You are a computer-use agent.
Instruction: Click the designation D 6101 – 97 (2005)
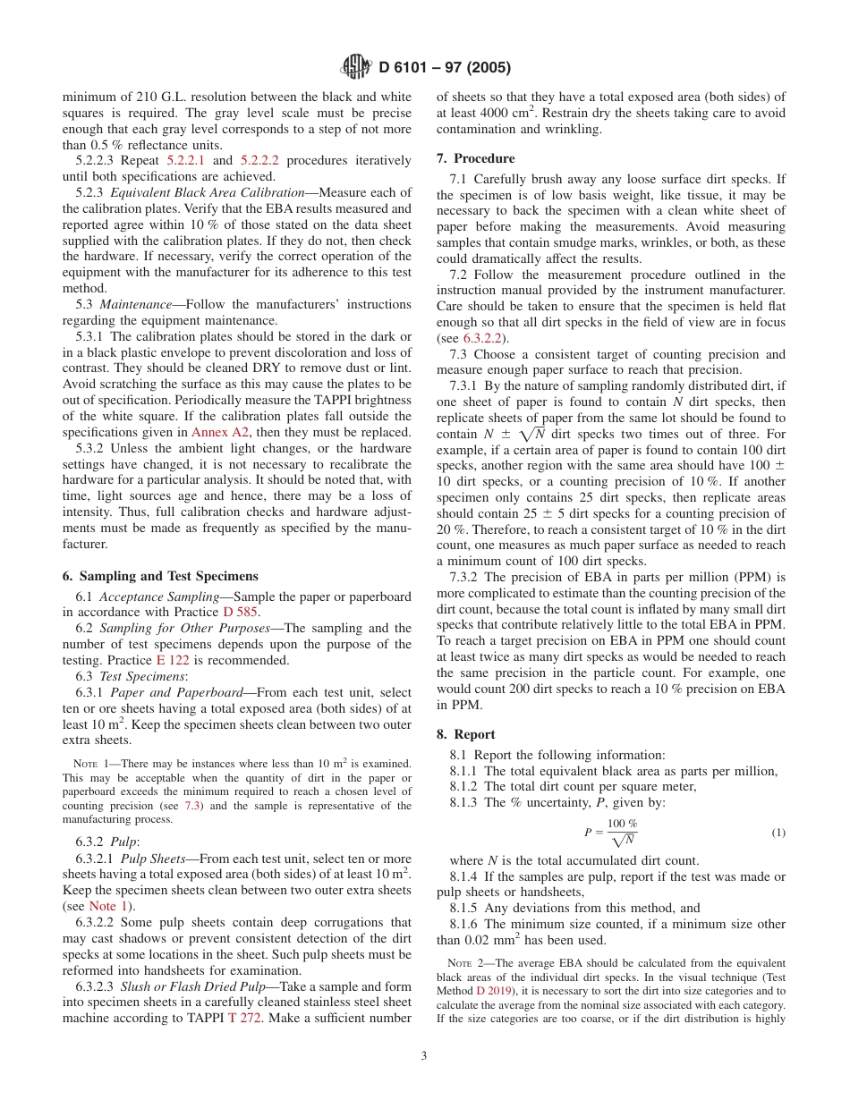pyautogui.click(x=445, y=68)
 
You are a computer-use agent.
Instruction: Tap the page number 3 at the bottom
pyautogui.click(x=424, y=1055)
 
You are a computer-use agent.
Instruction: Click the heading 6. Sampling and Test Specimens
pyautogui.click(x=159, y=576)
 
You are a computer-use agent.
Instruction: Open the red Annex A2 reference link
pyautogui.click(x=221, y=432)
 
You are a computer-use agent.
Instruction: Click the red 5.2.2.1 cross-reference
pyautogui.click(x=185, y=160)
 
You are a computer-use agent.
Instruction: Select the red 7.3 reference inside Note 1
pyautogui.click(x=192, y=806)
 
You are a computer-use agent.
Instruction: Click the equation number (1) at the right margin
pyautogui.click(x=778, y=833)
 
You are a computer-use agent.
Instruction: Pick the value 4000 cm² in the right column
pyautogui.click(x=484, y=113)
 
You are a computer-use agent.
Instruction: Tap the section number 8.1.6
pyautogui.click(x=468, y=924)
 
